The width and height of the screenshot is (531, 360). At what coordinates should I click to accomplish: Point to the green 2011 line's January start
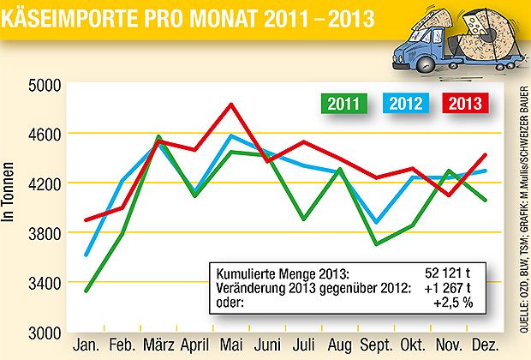tap(86, 291)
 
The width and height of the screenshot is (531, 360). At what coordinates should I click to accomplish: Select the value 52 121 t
tap(451, 273)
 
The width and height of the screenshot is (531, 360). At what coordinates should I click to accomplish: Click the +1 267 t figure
tap(451, 286)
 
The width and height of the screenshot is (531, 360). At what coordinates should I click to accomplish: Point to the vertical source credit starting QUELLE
tap(521, 206)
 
